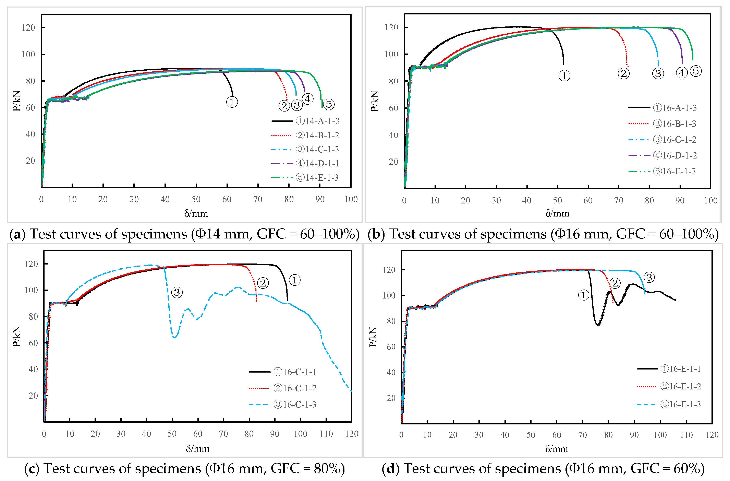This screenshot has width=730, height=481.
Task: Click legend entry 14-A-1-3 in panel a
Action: pyautogui.click(x=317, y=121)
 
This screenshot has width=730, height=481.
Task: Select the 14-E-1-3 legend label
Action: pyautogui.click(x=317, y=178)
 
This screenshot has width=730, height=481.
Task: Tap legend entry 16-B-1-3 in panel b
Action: pyautogui.click(x=674, y=124)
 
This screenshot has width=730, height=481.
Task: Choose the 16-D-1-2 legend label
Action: pyautogui.click(x=675, y=156)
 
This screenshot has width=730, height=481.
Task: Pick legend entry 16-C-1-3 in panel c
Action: pyautogui.click(x=295, y=404)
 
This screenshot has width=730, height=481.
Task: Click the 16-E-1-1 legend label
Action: pyautogui.click(x=681, y=369)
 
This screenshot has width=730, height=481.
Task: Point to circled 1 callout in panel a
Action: pyautogui.click(x=232, y=102)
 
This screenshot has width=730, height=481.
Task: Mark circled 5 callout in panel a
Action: pyautogui.click(x=329, y=104)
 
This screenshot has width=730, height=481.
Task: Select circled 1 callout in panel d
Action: pyautogui.click(x=584, y=295)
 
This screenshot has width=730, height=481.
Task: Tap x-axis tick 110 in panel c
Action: pyautogui.click(x=326, y=434)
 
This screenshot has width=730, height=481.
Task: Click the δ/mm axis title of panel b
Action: pyautogui.click(x=557, y=213)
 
